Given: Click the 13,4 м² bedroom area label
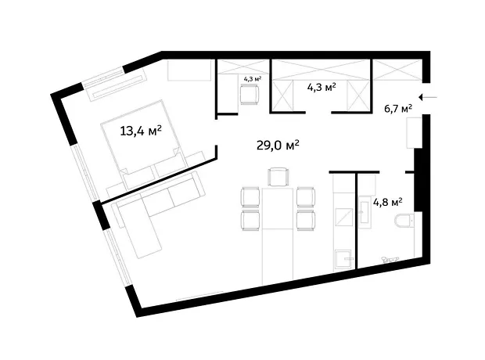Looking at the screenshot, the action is tap(141, 131).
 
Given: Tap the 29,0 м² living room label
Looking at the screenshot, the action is tap(278, 145).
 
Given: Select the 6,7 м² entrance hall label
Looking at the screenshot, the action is tap(398, 109).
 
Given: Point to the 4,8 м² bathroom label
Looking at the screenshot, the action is tap(388, 203).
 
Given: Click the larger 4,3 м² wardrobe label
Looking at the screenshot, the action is tap(322, 88).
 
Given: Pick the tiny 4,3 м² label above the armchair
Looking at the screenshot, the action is tap(253, 78).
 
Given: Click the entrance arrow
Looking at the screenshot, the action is tap(428, 98).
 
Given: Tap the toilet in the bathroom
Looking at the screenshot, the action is tap(404, 221).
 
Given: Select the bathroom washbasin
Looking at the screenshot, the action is tap(365, 212).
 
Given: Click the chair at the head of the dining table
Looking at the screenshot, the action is tap(278, 177).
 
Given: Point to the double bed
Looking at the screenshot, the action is tap(144, 145).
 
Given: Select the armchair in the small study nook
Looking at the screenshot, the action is tap(250, 95).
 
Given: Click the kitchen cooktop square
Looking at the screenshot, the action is tap(344, 217).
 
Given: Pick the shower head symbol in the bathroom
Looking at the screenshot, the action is tap(390, 259).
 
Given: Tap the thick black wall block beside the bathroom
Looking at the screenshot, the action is tap(419, 180).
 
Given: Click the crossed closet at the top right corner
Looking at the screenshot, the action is tap(397, 69).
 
